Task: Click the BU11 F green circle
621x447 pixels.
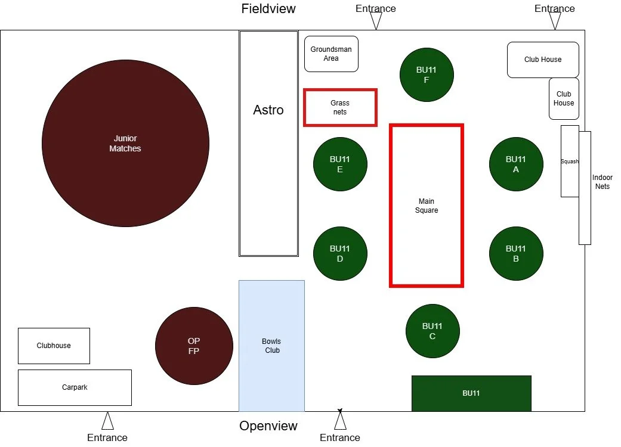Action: click(x=427, y=74)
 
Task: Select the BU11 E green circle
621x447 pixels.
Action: click(x=340, y=164)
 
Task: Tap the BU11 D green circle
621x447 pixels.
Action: click(x=340, y=253)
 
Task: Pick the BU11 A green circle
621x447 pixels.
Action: click(x=516, y=164)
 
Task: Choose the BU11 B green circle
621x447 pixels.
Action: click(x=516, y=253)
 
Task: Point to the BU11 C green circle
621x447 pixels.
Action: click(x=432, y=331)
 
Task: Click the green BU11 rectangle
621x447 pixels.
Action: click(x=471, y=393)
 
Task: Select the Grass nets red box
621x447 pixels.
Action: click(x=340, y=107)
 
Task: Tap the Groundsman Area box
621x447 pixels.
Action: click(x=331, y=54)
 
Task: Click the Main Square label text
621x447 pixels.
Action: click(x=427, y=206)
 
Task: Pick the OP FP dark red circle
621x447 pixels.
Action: click(x=194, y=346)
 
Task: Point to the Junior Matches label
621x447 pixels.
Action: click(x=125, y=144)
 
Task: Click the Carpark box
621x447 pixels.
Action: click(x=75, y=387)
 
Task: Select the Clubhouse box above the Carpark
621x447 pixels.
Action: click(x=54, y=346)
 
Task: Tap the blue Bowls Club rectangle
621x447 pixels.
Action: click(x=271, y=346)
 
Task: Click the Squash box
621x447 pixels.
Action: click(x=569, y=161)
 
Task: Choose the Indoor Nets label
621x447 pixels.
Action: click(x=602, y=182)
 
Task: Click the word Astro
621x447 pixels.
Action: click(x=268, y=110)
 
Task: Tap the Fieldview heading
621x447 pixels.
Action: click(x=268, y=8)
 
